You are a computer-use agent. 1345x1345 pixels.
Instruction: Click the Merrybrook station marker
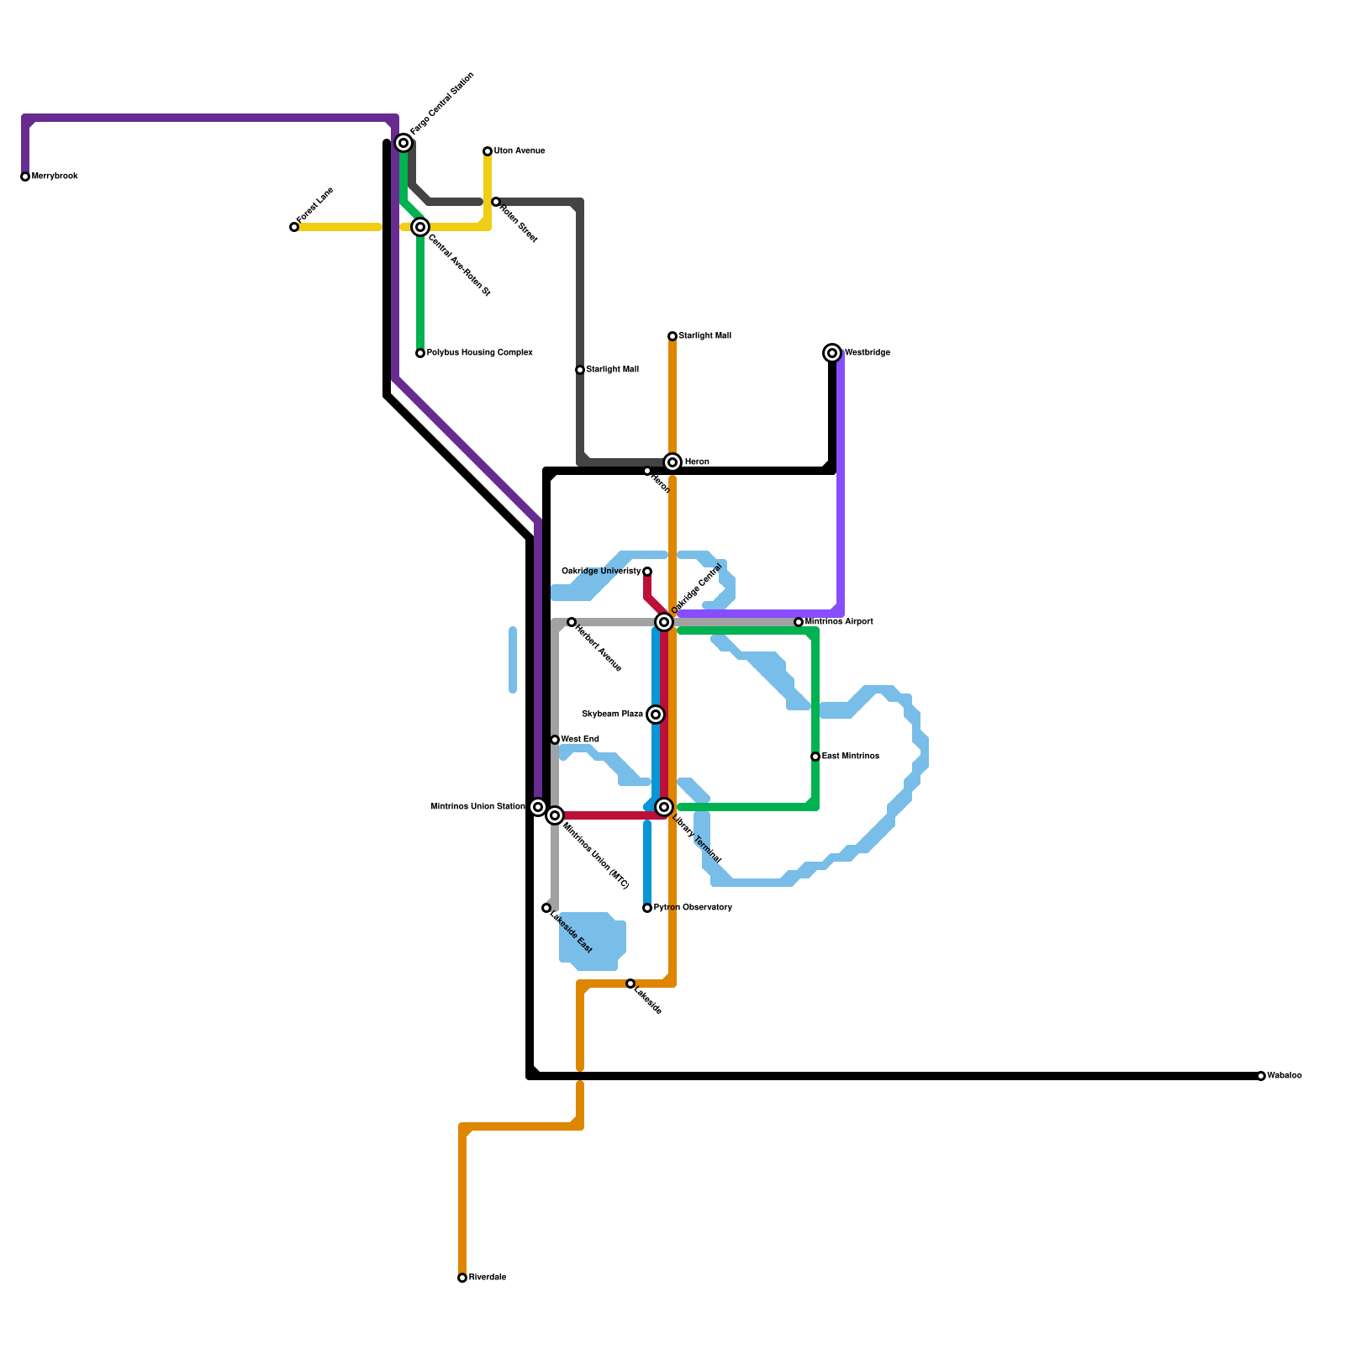pyautogui.click(x=25, y=177)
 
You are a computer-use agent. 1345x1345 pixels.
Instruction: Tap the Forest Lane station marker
pyautogui.click(x=294, y=227)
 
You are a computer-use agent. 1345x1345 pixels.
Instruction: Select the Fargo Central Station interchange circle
pyautogui.click(x=403, y=143)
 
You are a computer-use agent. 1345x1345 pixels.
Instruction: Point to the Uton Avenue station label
pyautogui.click(x=520, y=151)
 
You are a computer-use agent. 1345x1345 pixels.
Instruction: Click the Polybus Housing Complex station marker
pyautogui.click(x=420, y=353)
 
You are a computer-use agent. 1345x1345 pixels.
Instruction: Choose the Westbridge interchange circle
pyautogui.click(x=832, y=353)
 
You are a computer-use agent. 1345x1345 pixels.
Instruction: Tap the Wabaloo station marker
pyautogui.click(x=1261, y=1076)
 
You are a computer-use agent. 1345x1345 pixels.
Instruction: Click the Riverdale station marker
pyautogui.click(x=462, y=1278)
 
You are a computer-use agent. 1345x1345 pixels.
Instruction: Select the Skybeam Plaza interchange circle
pyautogui.click(x=656, y=715)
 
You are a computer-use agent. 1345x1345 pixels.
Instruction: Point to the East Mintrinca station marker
pyautogui.click(x=815, y=757)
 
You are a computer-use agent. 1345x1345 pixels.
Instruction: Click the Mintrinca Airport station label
pyautogui.click(x=839, y=622)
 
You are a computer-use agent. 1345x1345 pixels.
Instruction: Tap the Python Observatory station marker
pyautogui.click(x=647, y=908)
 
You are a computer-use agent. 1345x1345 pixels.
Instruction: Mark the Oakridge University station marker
pyautogui.click(x=647, y=572)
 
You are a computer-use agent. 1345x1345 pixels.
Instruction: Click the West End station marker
pyautogui.click(x=555, y=740)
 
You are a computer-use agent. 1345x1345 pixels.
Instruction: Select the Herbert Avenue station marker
pyautogui.click(x=572, y=622)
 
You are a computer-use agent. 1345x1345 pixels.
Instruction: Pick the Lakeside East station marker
pyautogui.click(x=546, y=908)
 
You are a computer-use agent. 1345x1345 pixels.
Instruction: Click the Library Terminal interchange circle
pyautogui.click(x=664, y=807)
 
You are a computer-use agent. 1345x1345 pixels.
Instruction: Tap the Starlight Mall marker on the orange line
pyautogui.click(x=672, y=336)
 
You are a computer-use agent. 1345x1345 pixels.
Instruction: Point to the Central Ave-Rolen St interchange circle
pyautogui.click(x=420, y=227)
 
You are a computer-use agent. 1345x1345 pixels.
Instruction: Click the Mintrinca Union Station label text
pyautogui.click(x=477, y=807)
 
